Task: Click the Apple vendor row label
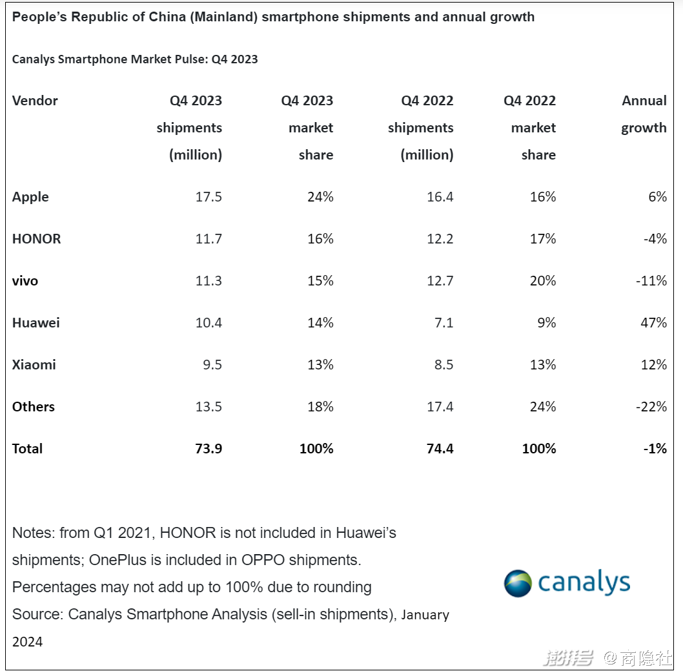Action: point(30,197)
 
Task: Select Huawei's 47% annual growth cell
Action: point(653,323)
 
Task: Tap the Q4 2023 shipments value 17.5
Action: point(209,197)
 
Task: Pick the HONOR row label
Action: point(36,239)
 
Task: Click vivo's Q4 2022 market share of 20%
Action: point(542,281)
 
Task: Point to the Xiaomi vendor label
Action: point(34,365)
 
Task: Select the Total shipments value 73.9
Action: point(209,449)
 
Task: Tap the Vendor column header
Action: point(35,101)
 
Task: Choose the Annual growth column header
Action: point(644,114)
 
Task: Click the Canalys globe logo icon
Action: point(518,583)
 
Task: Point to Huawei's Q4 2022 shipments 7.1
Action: point(443,323)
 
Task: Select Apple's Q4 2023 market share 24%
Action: point(320,197)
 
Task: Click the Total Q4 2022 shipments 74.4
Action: point(440,449)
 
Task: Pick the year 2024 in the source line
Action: point(28,642)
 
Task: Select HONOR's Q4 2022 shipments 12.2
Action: point(440,239)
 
